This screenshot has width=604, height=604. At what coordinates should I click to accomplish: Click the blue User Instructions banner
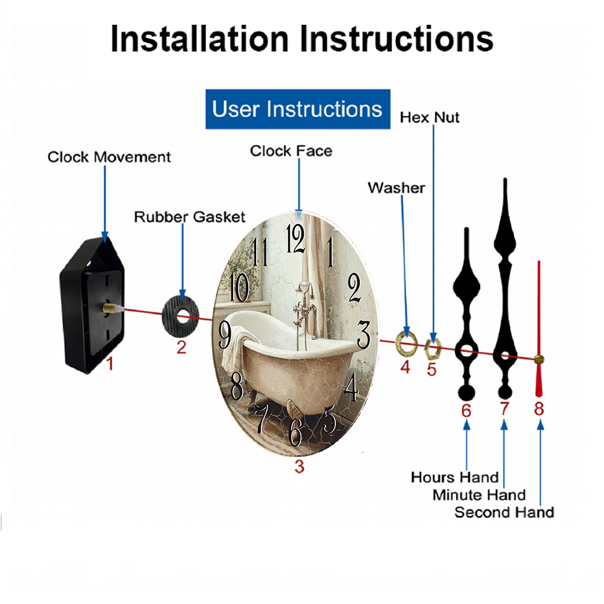(x=298, y=109)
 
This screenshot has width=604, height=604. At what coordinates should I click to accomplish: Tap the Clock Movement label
(x=109, y=157)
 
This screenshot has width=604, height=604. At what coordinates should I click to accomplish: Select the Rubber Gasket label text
(x=190, y=217)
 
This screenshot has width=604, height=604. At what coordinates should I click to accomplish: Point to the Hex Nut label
(x=429, y=118)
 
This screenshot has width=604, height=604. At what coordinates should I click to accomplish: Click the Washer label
(x=396, y=188)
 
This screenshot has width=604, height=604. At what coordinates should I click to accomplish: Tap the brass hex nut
(x=432, y=349)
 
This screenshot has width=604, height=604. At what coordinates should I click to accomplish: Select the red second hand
(x=539, y=329)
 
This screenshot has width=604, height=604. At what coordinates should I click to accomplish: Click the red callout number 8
(x=539, y=409)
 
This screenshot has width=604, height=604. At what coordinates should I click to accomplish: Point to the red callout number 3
(x=300, y=466)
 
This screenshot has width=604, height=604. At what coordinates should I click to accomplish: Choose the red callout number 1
(x=110, y=363)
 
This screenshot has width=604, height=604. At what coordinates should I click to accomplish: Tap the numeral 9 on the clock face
(x=225, y=335)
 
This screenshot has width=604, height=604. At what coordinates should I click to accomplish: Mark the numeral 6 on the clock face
(x=295, y=432)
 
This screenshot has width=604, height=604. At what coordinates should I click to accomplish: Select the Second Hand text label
(x=504, y=512)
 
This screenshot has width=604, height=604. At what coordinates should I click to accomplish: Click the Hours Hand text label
(x=455, y=477)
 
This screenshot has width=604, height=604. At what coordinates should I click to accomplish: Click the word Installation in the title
(x=199, y=39)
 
